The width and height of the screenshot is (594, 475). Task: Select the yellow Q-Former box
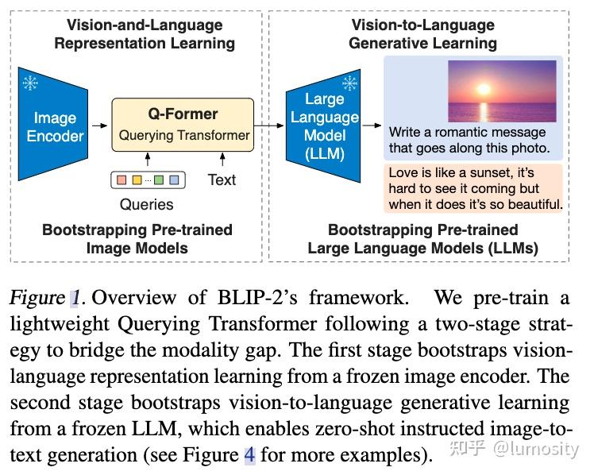coord(183,126)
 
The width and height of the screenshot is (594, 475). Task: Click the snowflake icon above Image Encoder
coord(29,83)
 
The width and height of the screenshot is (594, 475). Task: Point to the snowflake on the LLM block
coord(348,83)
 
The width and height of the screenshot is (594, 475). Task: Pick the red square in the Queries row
coord(121,180)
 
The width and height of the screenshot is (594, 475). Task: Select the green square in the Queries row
coord(159,180)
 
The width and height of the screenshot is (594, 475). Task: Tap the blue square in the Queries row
coord(174,180)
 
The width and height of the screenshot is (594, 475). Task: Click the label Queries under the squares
coord(146,204)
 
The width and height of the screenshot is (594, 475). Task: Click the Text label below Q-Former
coord(222,180)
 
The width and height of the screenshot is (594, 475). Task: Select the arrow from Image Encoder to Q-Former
coord(99,126)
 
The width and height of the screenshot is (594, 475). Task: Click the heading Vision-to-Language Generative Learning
coord(422,33)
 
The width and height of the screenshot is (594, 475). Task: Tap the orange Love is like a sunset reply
coord(474,188)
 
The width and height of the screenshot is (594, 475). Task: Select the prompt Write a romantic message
coord(468,140)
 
